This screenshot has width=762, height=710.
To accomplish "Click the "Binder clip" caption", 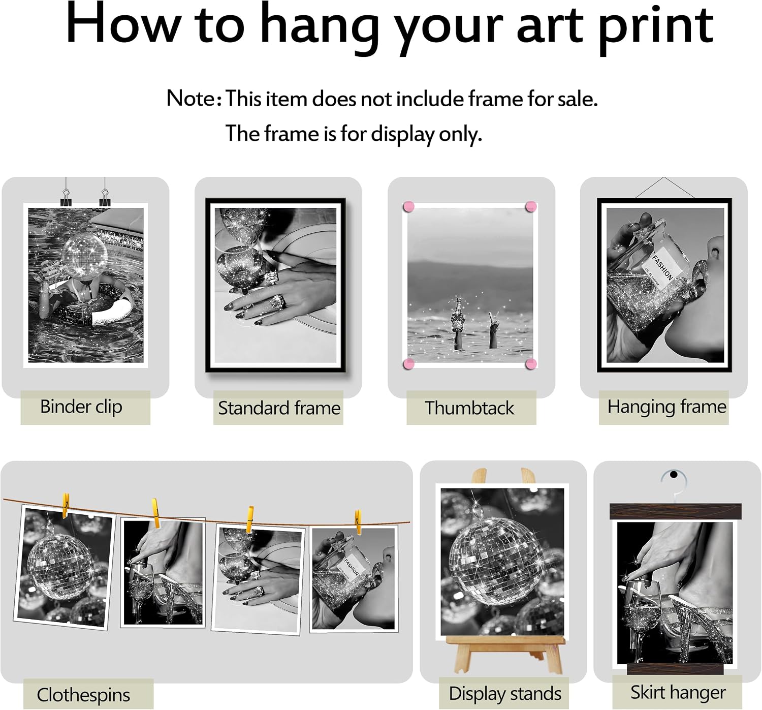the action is (81, 407).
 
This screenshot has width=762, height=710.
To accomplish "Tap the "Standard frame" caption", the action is (279, 408).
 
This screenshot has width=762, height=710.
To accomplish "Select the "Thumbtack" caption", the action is (469, 408).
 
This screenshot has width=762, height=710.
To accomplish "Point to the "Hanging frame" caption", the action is (667, 407).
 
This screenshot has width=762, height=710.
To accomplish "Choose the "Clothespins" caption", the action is (83, 695).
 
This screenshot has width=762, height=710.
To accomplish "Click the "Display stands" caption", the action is (505, 694).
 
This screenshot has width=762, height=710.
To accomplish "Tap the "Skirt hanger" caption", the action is (678, 692).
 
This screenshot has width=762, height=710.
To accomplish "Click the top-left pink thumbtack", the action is (409, 206).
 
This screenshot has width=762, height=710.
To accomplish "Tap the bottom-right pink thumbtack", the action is (531, 364).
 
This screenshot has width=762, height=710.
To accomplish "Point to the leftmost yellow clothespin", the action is (66, 505).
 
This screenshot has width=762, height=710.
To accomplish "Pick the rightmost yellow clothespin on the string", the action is (358, 522).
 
